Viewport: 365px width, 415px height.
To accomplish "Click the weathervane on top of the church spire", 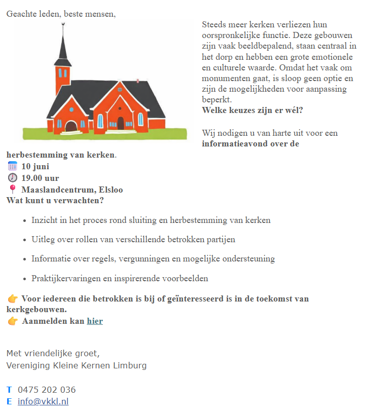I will point(63,26).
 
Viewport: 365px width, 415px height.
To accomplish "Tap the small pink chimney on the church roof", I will point(138,81).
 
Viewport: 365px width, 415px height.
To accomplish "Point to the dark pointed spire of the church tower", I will point(62,48).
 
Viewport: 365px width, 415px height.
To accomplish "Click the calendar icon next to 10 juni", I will point(13,166).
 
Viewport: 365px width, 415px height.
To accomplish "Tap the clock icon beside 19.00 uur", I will point(13,178).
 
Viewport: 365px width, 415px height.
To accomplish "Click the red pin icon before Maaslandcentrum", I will point(13,190).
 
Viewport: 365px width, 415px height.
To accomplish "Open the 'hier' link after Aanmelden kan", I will point(95,321).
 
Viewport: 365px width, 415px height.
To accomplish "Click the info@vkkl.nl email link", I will point(43,402).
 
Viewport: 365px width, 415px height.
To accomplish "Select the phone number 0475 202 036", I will point(47,390).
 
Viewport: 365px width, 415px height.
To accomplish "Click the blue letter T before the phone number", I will point(9,390).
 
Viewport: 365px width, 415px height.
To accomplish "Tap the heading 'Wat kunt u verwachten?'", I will point(55,200).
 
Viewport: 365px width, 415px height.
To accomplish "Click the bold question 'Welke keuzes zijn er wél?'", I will point(252,110).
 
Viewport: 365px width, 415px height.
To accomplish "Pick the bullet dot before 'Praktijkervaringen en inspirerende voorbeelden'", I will point(25,279).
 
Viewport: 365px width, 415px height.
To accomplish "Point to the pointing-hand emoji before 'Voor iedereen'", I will point(13,299).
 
